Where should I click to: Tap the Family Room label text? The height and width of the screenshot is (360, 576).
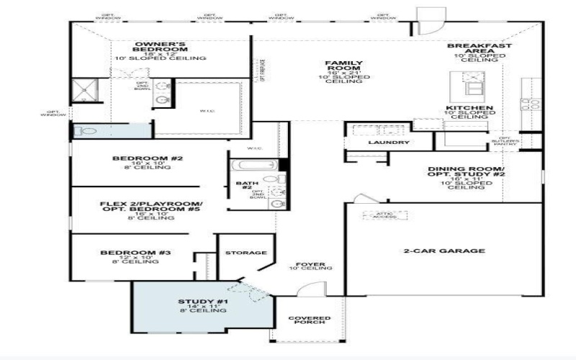tap(343, 66)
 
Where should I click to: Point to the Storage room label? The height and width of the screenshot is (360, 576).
tap(246, 253)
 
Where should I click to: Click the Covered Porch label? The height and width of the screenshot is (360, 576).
tap(310, 320)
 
